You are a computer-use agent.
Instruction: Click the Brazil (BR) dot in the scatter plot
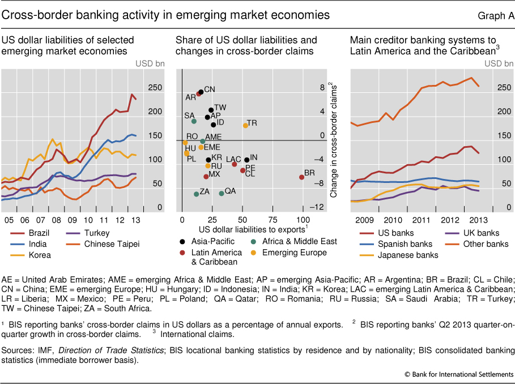click(x=301, y=177)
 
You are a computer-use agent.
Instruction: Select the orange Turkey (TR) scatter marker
click(x=245, y=125)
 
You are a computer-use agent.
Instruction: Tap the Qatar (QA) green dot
click(x=222, y=193)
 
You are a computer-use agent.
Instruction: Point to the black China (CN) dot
click(x=201, y=92)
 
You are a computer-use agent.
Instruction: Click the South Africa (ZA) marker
click(x=197, y=194)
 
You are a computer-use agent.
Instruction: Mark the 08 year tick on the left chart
click(x=56, y=220)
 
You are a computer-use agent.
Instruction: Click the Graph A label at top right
click(x=497, y=15)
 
